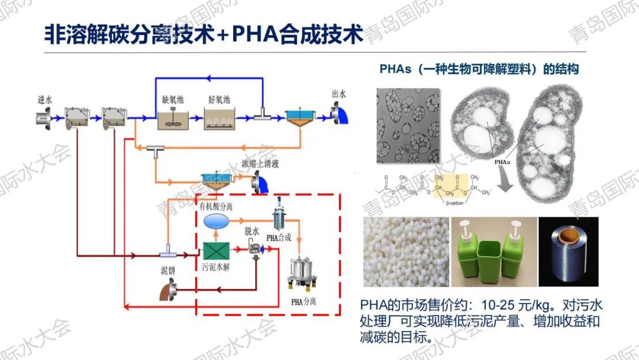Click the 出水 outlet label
[339, 94]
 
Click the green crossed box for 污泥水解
[215, 253]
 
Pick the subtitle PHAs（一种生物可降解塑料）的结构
[479, 69]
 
